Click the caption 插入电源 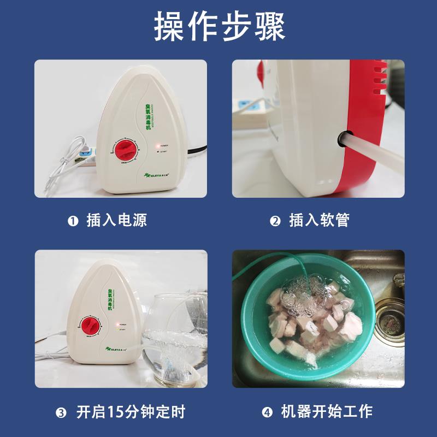click(x=117, y=220)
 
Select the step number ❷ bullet click(x=275, y=221)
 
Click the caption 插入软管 click(x=319, y=220)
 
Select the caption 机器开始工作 click(x=327, y=411)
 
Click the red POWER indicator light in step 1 click(x=157, y=145)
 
